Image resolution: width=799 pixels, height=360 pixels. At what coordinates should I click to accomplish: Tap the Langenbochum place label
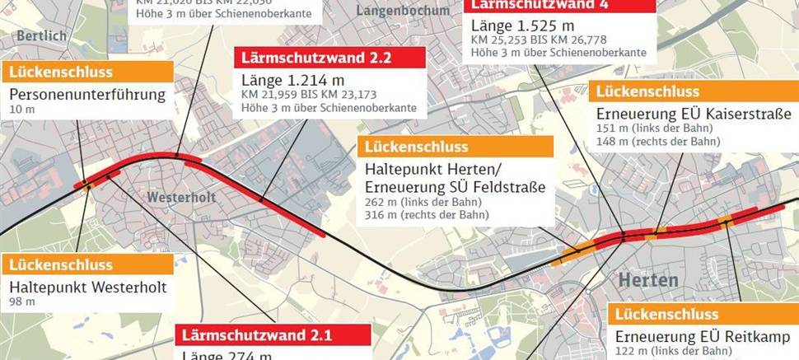coord(404,11)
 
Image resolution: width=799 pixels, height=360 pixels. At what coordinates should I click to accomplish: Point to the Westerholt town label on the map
coord(175,198)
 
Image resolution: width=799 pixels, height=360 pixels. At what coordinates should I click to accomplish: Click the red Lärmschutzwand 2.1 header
coord(273,336)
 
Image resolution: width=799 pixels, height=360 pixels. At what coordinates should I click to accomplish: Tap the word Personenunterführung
coord(87,94)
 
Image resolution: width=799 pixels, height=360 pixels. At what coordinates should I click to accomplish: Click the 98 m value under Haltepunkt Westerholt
coord(22,302)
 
